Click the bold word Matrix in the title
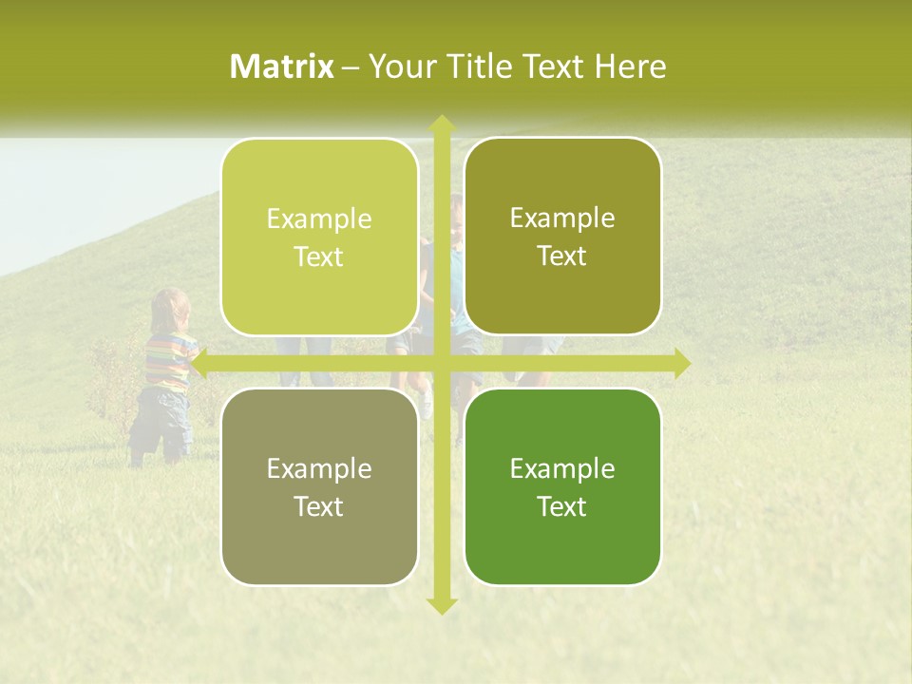[x=282, y=66]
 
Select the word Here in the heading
[x=630, y=66]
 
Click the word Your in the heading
[x=397, y=66]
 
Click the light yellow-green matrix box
[x=319, y=237]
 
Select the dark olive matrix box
[x=562, y=237]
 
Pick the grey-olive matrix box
[x=319, y=486]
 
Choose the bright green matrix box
[x=562, y=486]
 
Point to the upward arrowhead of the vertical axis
[x=441, y=123]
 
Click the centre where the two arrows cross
[x=441, y=363]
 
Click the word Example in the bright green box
[x=562, y=468]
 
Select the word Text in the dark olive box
[x=562, y=256]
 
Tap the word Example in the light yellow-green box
[x=319, y=219]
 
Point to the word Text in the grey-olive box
[x=319, y=506]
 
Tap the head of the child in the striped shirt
[x=171, y=309]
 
